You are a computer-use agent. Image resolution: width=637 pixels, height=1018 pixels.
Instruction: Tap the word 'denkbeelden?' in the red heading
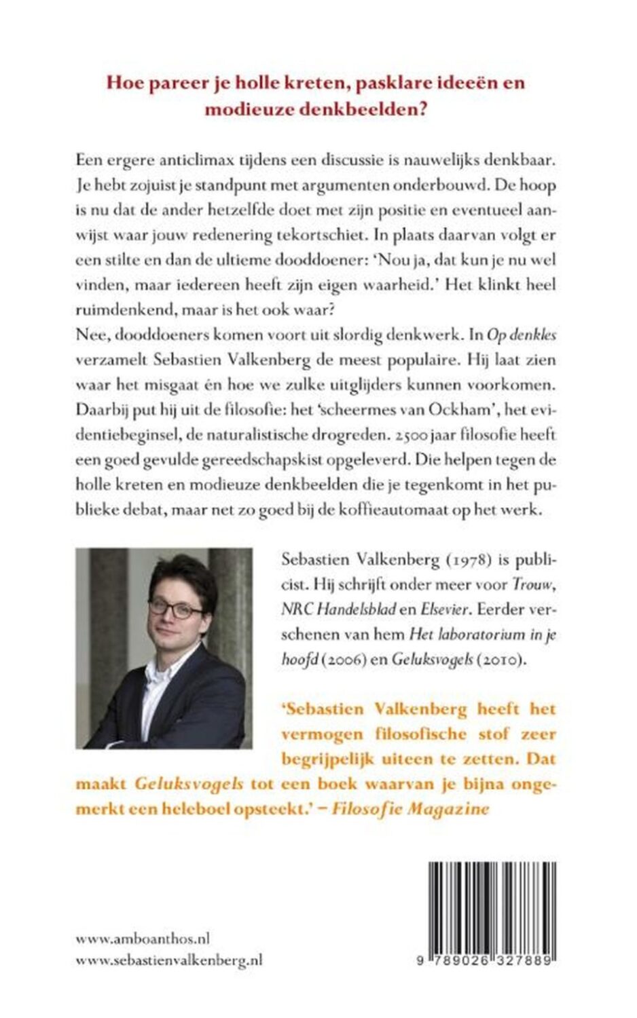click(x=365, y=109)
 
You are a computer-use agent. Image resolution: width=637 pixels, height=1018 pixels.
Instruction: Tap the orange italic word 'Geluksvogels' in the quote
click(x=189, y=783)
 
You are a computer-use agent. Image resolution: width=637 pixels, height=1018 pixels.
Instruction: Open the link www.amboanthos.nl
click(x=142, y=939)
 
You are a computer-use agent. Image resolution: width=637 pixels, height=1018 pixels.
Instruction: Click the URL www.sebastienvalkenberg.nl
click(x=169, y=960)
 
